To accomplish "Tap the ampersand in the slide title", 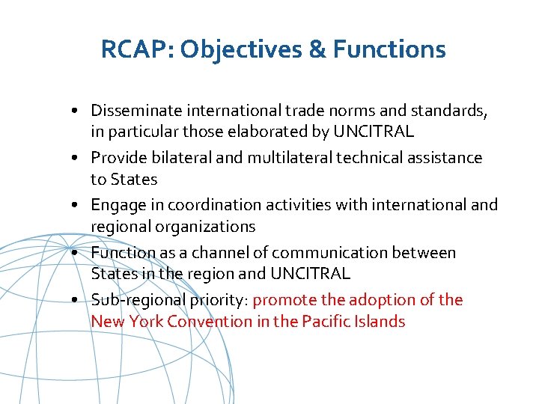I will (x=318, y=50).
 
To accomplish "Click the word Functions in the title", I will (x=389, y=50).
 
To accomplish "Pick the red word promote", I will (x=285, y=300).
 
